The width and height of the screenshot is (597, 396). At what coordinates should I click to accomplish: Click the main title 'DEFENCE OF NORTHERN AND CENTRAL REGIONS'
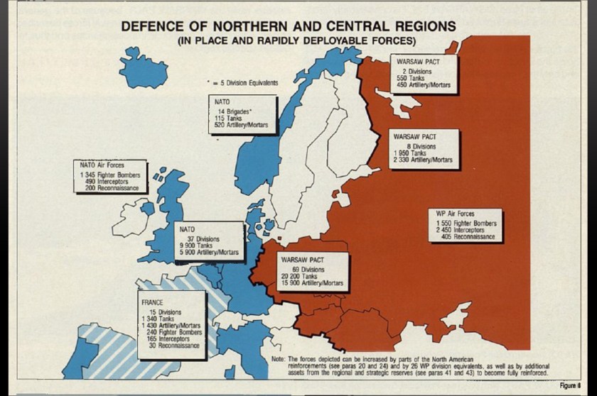289,26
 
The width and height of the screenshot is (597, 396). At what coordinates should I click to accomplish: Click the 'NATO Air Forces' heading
102,165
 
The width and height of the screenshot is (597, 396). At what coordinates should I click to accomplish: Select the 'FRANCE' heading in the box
153,303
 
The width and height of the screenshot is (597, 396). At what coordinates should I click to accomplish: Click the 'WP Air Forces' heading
456,214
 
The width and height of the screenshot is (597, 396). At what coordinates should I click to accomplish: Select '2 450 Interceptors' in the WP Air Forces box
466,230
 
